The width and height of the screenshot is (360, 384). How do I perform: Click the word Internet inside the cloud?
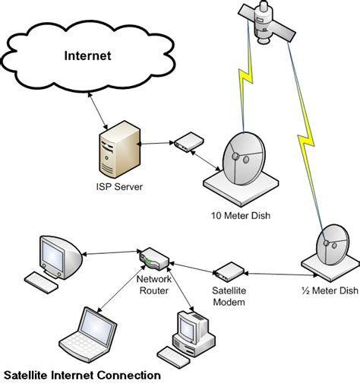coord(87,56)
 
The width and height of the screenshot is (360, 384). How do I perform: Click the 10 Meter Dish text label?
coord(241,215)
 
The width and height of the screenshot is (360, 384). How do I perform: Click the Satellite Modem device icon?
coord(227,271)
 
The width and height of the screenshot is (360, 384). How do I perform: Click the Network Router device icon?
coord(155,261)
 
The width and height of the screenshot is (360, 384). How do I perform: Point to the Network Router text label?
coord(154,284)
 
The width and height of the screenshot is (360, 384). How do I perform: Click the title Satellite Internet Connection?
coord(82,375)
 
